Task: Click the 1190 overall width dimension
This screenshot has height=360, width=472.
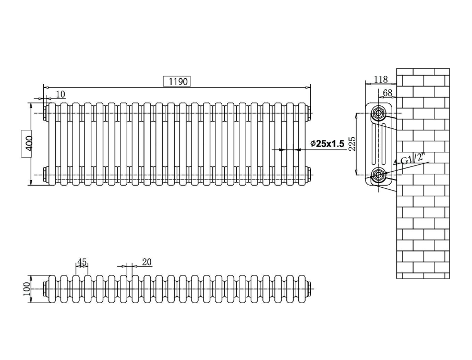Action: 177,81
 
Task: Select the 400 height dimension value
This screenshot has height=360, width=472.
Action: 29,142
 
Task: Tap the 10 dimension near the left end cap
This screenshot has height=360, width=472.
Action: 60,94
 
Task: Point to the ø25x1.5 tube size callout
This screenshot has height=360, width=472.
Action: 327,143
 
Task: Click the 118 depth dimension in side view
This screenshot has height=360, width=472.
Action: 381,80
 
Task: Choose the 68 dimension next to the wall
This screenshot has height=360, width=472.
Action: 388,93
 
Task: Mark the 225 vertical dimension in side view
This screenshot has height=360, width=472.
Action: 352,143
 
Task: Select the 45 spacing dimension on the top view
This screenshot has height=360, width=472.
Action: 81,261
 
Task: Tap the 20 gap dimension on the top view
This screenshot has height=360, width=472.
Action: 147,262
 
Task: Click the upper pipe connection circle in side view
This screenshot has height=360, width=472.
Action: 378,112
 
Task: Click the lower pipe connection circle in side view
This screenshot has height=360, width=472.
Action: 378,174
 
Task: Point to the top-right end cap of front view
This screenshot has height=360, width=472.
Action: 310,113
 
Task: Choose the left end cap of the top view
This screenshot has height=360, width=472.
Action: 45,287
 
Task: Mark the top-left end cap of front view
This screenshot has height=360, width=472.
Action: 45,113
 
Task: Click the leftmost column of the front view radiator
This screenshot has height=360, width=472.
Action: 52,143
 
